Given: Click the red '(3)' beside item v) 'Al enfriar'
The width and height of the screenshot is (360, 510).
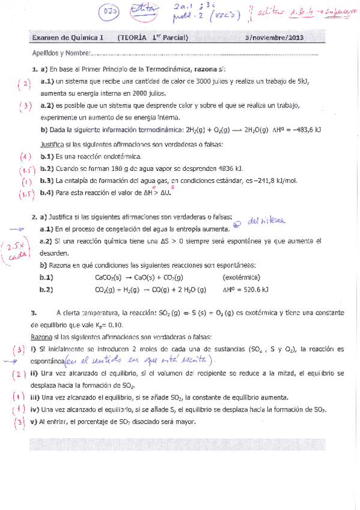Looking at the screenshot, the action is point(19,422).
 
